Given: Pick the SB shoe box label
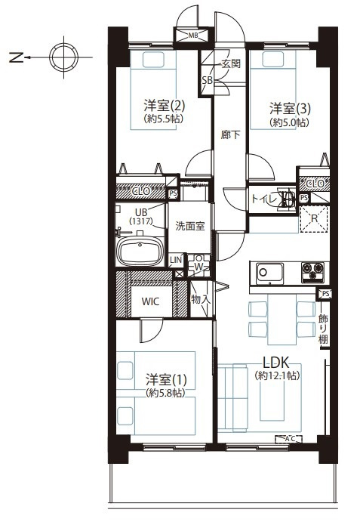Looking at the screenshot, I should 206,81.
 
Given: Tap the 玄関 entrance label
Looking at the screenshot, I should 231,64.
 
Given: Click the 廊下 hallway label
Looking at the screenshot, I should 230,136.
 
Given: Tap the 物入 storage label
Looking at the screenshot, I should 200,300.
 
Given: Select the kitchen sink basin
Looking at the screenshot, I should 268,271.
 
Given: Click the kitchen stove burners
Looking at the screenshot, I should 312,270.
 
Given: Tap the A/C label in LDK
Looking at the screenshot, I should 289,437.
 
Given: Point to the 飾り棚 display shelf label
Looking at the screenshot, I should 323,329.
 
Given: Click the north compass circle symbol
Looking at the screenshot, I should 63,56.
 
